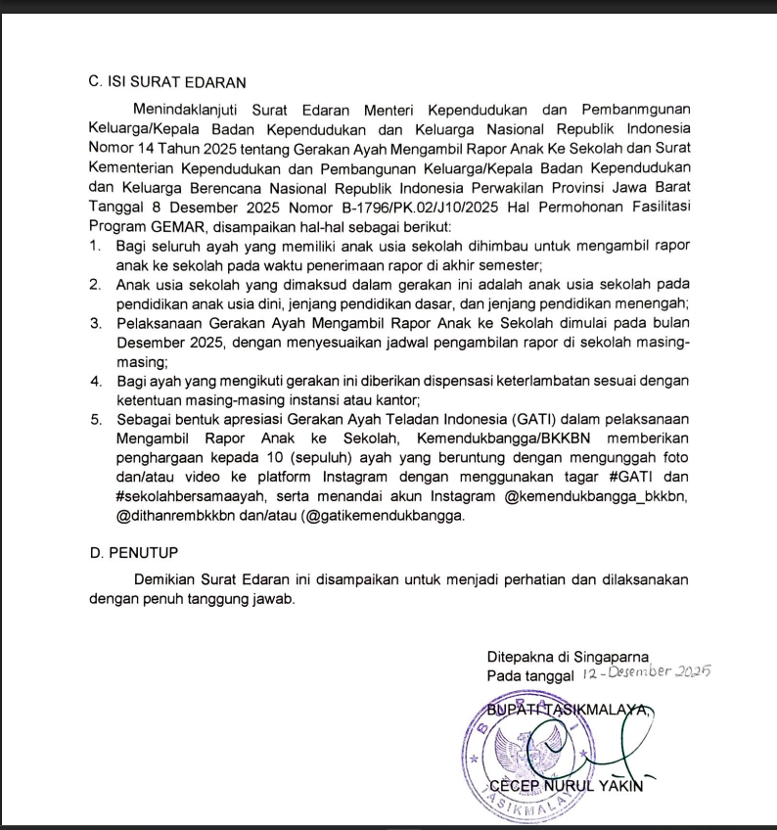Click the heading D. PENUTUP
(x=133, y=553)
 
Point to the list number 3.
(x=96, y=322)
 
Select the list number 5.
(x=96, y=420)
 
